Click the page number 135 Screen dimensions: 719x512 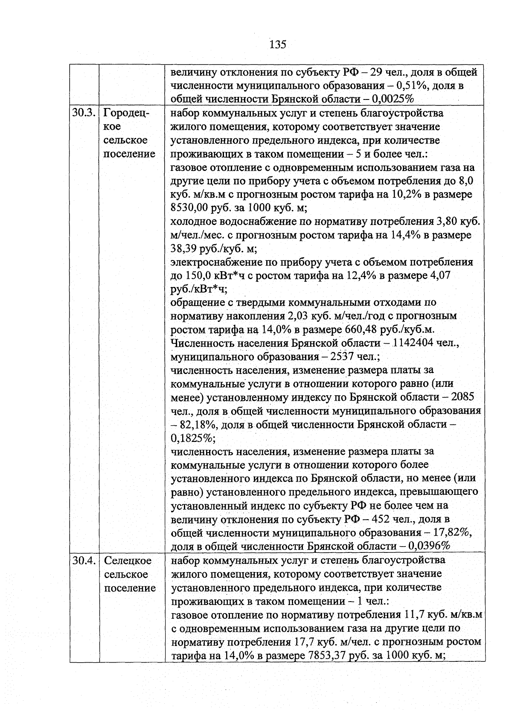click(x=277, y=44)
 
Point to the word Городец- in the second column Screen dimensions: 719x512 click(x=126, y=113)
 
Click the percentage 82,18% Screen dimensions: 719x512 click(x=194, y=425)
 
